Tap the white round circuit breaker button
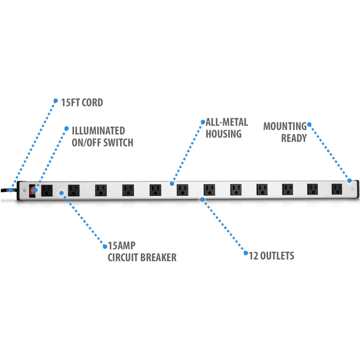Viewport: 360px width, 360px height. tap(61, 192)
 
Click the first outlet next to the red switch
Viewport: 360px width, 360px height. tap(47, 190)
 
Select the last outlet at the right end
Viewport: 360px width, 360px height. tap(336, 189)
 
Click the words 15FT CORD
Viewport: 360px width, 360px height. tap(82, 102)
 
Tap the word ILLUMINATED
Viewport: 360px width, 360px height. tap(98, 131)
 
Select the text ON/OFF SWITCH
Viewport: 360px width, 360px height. tap(102, 142)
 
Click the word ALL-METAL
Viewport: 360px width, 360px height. tap(227, 122)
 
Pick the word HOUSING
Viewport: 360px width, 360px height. tap(224, 134)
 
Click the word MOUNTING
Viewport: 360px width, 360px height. tap(285, 126)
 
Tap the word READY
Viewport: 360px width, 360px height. tap(294, 138)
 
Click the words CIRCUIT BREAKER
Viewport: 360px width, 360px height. tap(142, 258)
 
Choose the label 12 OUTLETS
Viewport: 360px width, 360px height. tap(271, 256)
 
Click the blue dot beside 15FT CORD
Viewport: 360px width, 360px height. tap(56, 100)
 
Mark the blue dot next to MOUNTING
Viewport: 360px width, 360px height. tap(309, 124)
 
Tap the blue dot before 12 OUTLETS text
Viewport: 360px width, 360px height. tap(245, 253)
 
